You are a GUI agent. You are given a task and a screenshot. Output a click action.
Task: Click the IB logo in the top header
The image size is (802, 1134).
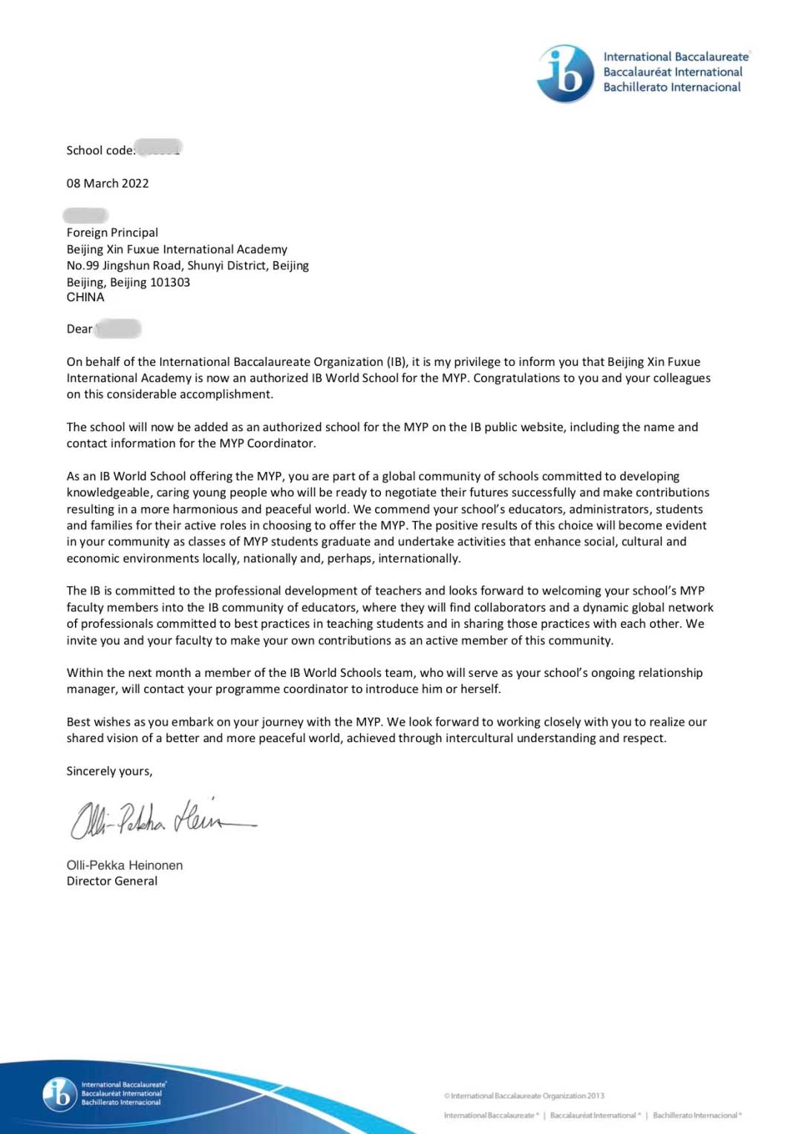point(566,73)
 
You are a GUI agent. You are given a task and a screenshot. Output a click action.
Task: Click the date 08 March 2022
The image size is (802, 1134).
point(108,183)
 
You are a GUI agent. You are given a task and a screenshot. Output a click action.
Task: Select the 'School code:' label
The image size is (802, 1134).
point(100,151)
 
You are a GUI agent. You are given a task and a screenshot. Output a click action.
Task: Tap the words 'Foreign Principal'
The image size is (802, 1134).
point(112,232)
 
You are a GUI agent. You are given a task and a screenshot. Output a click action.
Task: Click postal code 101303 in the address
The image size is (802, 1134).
point(170,282)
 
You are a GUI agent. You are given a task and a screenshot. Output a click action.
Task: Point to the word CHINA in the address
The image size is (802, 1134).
point(85,297)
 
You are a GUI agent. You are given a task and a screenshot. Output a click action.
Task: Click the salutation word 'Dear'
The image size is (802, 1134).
point(79,329)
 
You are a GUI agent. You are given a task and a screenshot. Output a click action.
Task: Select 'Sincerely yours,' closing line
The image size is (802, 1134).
point(109,771)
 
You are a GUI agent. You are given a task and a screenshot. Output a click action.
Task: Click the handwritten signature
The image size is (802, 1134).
point(160,819)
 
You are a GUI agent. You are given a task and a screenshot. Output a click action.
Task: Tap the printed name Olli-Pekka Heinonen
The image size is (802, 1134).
point(125,865)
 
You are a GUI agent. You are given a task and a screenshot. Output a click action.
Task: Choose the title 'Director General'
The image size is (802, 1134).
point(112,881)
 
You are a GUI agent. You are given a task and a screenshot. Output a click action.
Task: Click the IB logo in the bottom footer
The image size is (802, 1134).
point(59,1093)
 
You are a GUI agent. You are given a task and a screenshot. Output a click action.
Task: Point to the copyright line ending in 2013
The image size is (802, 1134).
point(524,1095)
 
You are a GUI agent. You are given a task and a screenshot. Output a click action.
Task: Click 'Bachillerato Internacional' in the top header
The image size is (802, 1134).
point(672,88)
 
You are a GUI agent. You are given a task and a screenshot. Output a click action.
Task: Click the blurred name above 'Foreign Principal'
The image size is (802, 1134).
point(85,216)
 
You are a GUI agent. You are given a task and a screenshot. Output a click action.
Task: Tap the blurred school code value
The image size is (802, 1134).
point(159,148)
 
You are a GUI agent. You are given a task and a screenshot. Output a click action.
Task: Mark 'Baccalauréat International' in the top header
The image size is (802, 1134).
point(673,72)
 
